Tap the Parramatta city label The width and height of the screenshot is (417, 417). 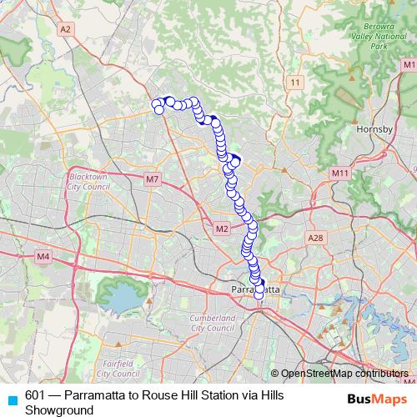(x=255, y=289)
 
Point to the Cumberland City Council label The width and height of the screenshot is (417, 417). (x=213, y=323)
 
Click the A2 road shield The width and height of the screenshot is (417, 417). (x=66, y=29)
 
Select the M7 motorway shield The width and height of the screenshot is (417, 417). (x=151, y=178)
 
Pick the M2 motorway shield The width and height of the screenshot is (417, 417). (x=222, y=229)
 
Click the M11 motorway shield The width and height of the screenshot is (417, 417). (x=339, y=173)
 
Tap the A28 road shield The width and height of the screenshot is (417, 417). (x=314, y=238)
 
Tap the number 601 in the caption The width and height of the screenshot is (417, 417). (x=35, y=394)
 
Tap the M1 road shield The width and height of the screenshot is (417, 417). (x=408, y=64)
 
